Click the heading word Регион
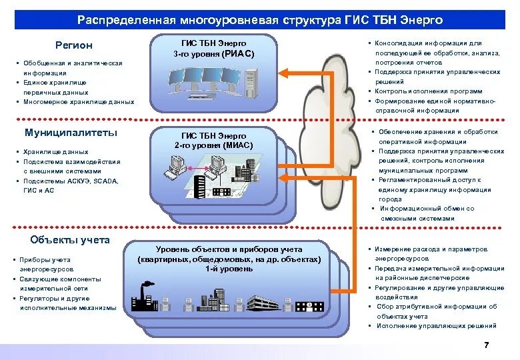pyautogui.click(x=73, y=45)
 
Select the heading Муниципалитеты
pyautogui.click(x=71, y=132)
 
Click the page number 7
pyautogui.click(x=486, y=345)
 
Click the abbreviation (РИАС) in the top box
pyautogui.click(x=239, y=53)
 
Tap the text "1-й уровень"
pyautogui.click(x=229, y=269)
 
